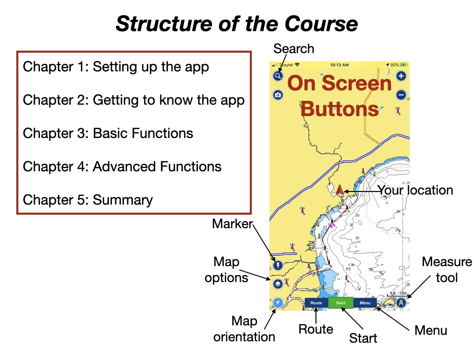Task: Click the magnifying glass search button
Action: coord(278,76)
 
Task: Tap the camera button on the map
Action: coord(278,95)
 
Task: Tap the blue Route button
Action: coord(316,303)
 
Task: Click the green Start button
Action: coord(340,303)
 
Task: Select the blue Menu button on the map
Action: coord(365,303)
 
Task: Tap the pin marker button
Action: coord(278,265)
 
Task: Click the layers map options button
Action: coord(278,284)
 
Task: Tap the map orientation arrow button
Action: coord(278,303)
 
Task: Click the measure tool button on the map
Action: coord(401,303)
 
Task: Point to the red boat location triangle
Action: coord(340,190)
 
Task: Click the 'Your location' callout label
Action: coord(415,190)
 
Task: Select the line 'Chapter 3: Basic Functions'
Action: coord(108,133)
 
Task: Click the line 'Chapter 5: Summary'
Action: coord(88,200)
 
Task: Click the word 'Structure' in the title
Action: coord(163,24)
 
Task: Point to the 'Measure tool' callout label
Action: coord(447,270)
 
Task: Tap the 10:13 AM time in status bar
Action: coord(339,65)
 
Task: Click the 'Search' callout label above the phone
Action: coord(293,49)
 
